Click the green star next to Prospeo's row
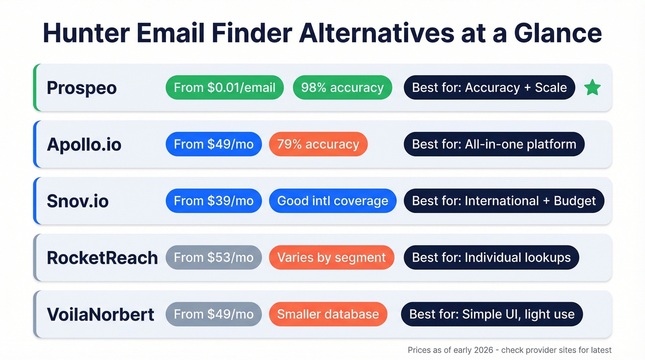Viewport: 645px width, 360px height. pyautogui.click(x=592, y=88)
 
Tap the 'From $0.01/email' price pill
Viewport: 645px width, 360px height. pyautogui.click(x=224, y=88)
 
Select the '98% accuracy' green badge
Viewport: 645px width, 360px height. pyautogui.click(x=342, y=88)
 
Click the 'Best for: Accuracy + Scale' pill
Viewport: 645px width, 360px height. pyautogui.click(x=489, y=88)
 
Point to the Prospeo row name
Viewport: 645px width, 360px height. pyautogui.click(x=82, y=88)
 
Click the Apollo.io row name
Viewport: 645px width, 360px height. pyautogui.click(x=84, y=144)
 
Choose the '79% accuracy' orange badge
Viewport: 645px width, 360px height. pyautogui.click(x=318, y=144)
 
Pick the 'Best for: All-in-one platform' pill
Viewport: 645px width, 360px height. pyautogui.click(x=494, y=144)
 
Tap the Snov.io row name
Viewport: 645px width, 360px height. pyautogui.click(x=77, y=201)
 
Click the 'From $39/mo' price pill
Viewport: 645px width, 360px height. pyautogui.click(x=213, y=201)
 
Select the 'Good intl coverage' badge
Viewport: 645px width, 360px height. pyautogui.click(x=333, y=201)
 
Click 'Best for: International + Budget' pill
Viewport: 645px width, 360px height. pyautogui.click(x=504, y=201)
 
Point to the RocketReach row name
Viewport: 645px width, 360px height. pyautogui.click(x=102, y=258)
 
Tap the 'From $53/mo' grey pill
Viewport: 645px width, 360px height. pyautogui.click(x=213, y=258)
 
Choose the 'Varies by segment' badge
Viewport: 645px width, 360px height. pyautogui.click(x=331, y=258)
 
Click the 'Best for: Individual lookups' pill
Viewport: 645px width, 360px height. pyautogui.click(x=491, y=258)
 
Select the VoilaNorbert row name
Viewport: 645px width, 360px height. pyautogui.click(x=100, y=314)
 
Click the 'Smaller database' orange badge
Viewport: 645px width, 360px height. pyautogui.click(x=328, y=314)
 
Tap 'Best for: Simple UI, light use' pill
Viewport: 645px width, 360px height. pyautogui.click(x=492, y=314)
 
